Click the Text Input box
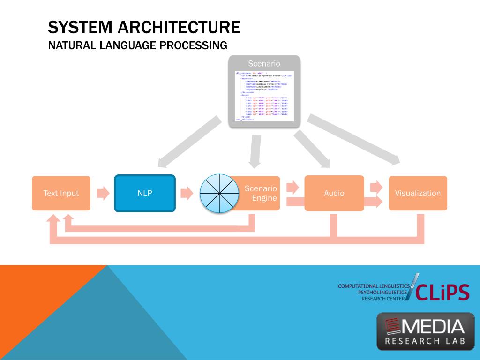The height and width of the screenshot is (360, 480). click(x=61, y=193)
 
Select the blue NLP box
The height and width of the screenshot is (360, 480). click(x=145, y=193)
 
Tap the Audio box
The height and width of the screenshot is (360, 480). click(x=334, y=193)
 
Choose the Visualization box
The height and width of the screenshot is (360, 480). click(x=418, y=193)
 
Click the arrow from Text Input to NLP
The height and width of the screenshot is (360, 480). click(x=103, y=193)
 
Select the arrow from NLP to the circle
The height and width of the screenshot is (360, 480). click(x=187, y=193)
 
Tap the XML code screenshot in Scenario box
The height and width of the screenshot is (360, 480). click(x=264, y=96)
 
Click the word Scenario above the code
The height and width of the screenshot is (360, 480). click(x=264, y=63)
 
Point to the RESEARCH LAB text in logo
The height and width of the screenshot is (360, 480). click(x=425, y=341)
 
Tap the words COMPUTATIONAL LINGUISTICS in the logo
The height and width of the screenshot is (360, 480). click(x=374, y=286)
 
